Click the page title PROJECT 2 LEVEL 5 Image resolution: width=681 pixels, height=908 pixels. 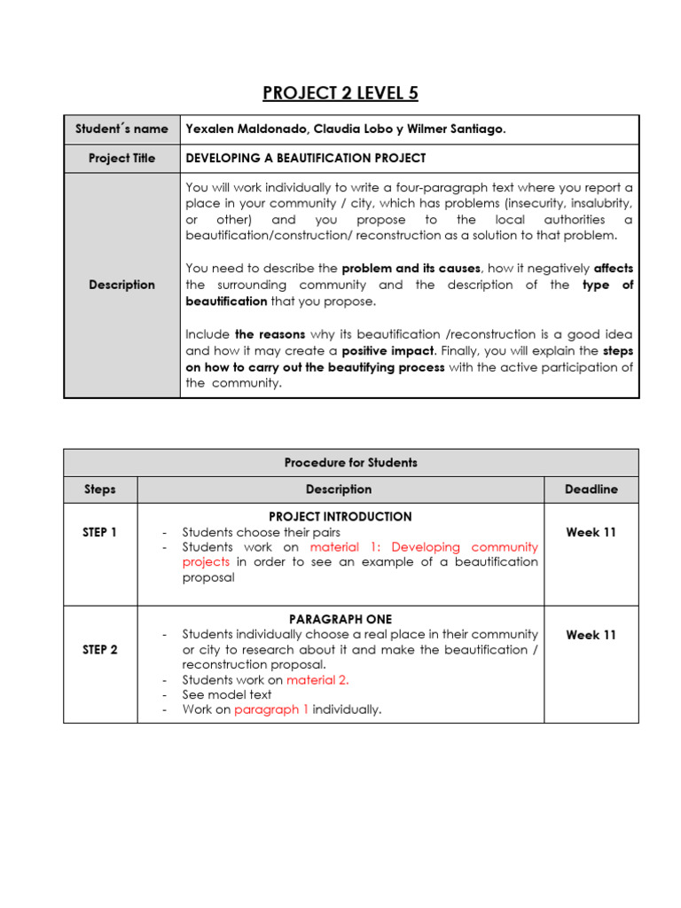(340, 93)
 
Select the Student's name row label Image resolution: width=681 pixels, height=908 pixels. (121, 129)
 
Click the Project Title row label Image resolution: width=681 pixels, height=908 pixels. (121, 158)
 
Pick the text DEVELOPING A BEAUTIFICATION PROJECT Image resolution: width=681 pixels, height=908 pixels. (306, 158)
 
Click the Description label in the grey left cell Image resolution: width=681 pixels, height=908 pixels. (121, 285)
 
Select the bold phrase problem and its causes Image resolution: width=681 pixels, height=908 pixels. (411, 268)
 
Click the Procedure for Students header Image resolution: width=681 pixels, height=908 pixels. (350, 462)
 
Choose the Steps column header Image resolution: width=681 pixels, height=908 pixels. (99, 489)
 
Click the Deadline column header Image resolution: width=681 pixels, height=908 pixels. (591, 489)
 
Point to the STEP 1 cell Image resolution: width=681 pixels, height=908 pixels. (99, 532)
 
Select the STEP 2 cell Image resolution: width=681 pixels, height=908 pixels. (99, 649)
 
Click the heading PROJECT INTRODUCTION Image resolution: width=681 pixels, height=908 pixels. (340, 516)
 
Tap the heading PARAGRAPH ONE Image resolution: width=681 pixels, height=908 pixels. (340, 619)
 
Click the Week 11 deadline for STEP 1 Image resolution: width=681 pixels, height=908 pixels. (591, 532)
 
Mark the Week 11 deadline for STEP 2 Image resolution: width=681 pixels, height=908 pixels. (591, 635)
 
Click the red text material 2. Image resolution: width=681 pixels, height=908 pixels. (317, 680)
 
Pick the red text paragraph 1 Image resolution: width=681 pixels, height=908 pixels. (271, 709)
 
